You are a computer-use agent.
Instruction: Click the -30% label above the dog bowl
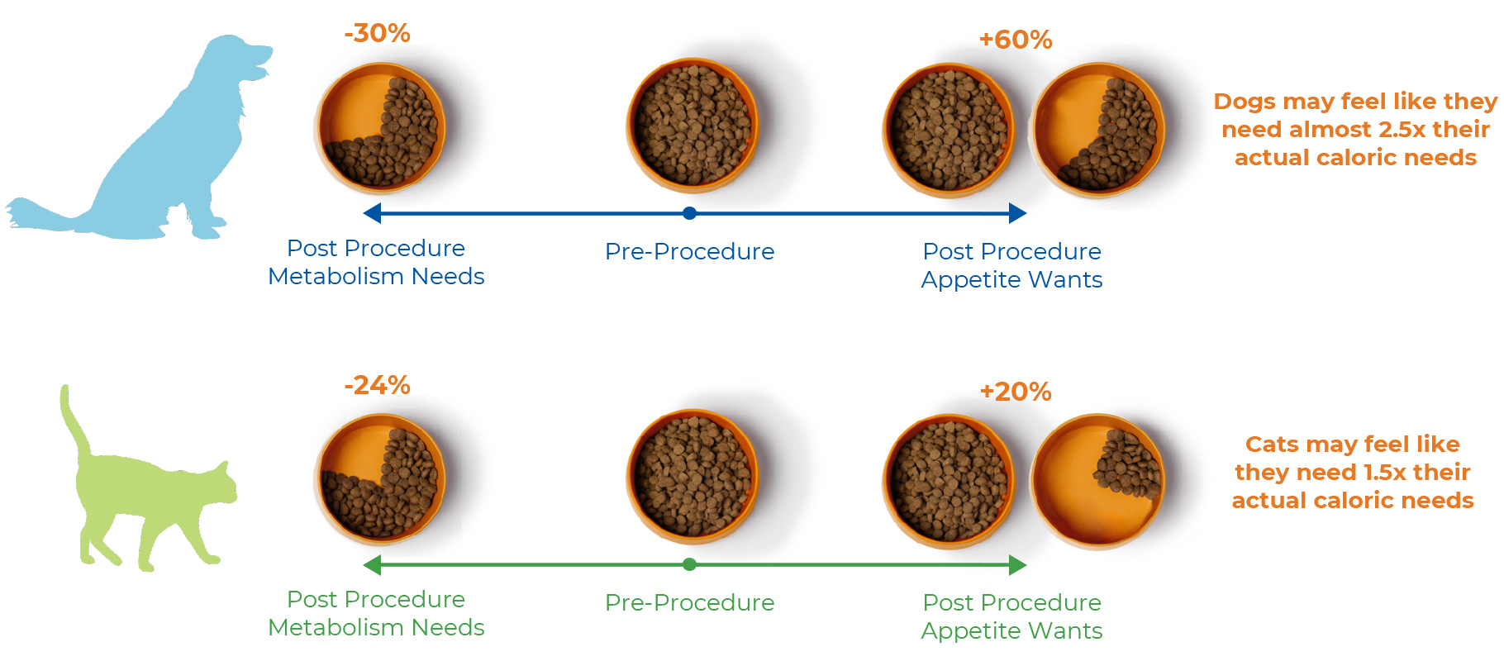pos(377,33)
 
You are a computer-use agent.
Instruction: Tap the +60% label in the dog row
pos(1016,40)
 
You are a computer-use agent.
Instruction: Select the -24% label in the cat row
pos(377,385)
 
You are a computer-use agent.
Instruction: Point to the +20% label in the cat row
pos(1016,392)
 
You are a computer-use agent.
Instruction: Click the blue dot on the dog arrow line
pos(690,213)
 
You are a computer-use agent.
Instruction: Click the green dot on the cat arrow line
pos(690,564)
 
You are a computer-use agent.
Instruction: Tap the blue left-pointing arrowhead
pos(372,213)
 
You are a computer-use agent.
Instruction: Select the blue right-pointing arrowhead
pos(1018,213)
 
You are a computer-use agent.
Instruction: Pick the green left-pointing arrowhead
pos(372,564)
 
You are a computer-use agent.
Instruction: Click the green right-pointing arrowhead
pos(1018,564)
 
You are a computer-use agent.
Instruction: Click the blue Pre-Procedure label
pos(690,251)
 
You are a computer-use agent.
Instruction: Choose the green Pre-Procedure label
pos(690,602)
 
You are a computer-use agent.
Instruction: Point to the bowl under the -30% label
pos(380,128)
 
